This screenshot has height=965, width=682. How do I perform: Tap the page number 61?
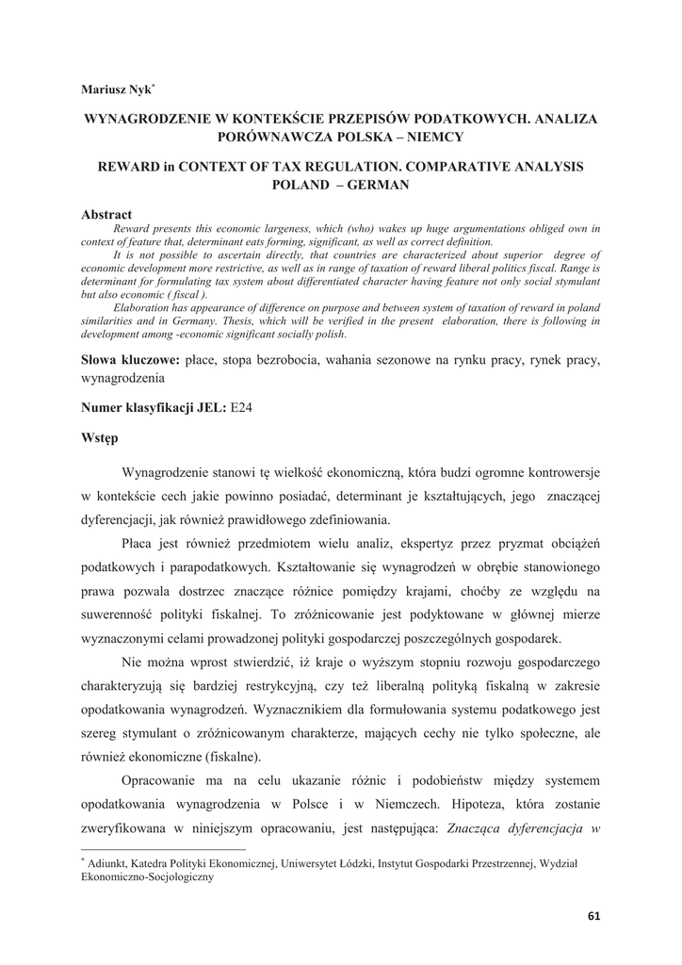(x=593, y=915)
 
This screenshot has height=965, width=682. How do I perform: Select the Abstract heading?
(x=107, y=215)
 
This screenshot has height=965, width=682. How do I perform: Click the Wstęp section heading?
(x=100, y=437)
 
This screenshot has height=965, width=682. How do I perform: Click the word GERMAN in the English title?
(x=379, y=185)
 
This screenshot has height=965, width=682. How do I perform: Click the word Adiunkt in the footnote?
(x=112, y=862)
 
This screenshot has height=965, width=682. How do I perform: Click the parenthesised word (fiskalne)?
(x=221, y=756)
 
